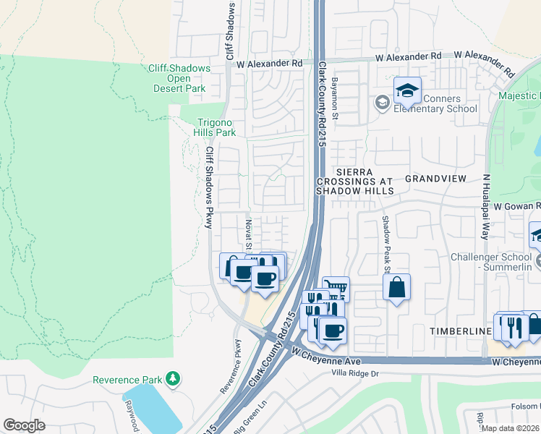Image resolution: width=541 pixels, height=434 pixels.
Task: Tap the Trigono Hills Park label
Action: click(x=216, y=128)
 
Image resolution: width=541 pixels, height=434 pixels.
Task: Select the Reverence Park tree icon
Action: click(x=172, y=379)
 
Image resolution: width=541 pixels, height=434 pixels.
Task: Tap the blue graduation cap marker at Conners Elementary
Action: click(x=407, y=90)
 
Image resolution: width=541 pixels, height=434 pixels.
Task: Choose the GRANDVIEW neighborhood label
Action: click(x=434, y=178)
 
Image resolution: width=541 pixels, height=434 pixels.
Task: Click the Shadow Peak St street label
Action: click(x=386, y=245)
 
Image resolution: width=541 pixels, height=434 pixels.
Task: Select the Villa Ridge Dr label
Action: click(x=354, y=373)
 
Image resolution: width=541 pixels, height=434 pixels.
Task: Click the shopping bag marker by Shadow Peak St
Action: click(x=396, y=287)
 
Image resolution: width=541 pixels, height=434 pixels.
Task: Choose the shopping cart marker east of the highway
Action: click(x=336, y=289)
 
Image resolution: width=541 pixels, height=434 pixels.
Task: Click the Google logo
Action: click(x=25, y=425)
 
